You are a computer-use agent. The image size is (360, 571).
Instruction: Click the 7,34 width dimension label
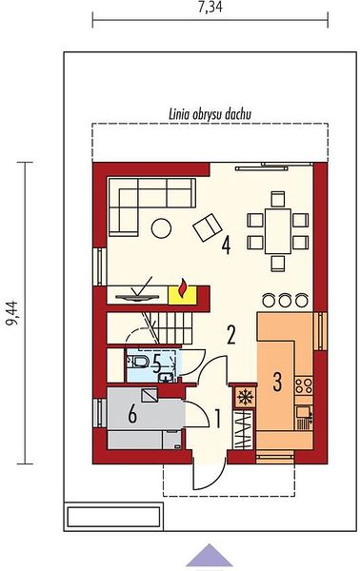pos(210,7)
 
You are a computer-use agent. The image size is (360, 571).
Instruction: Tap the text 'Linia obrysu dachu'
pos(210,115)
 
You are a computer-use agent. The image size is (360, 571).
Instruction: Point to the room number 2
pos(231,335)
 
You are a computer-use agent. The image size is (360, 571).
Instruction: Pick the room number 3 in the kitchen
pos(277,382)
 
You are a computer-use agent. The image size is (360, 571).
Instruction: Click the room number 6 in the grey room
pos(132,414)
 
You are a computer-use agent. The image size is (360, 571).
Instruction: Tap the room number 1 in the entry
pos(217,419)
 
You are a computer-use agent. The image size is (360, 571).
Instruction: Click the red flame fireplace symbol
pos(183,287)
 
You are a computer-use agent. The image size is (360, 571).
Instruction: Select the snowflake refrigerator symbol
pos(245,396)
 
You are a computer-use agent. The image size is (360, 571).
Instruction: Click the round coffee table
pos(161,228)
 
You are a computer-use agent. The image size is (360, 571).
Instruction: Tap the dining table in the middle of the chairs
pos(278,231)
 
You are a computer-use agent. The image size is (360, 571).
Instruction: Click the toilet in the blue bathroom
pos(138,362)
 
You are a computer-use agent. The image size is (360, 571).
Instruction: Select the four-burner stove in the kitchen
pos(304,385)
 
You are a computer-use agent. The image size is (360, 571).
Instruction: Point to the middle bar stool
pos(285,300)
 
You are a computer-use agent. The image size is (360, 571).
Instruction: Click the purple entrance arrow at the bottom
pos(210,555)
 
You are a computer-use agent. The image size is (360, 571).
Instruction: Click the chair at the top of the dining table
pos(278,199)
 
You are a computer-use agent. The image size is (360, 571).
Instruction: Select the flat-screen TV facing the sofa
pos(137,298)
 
